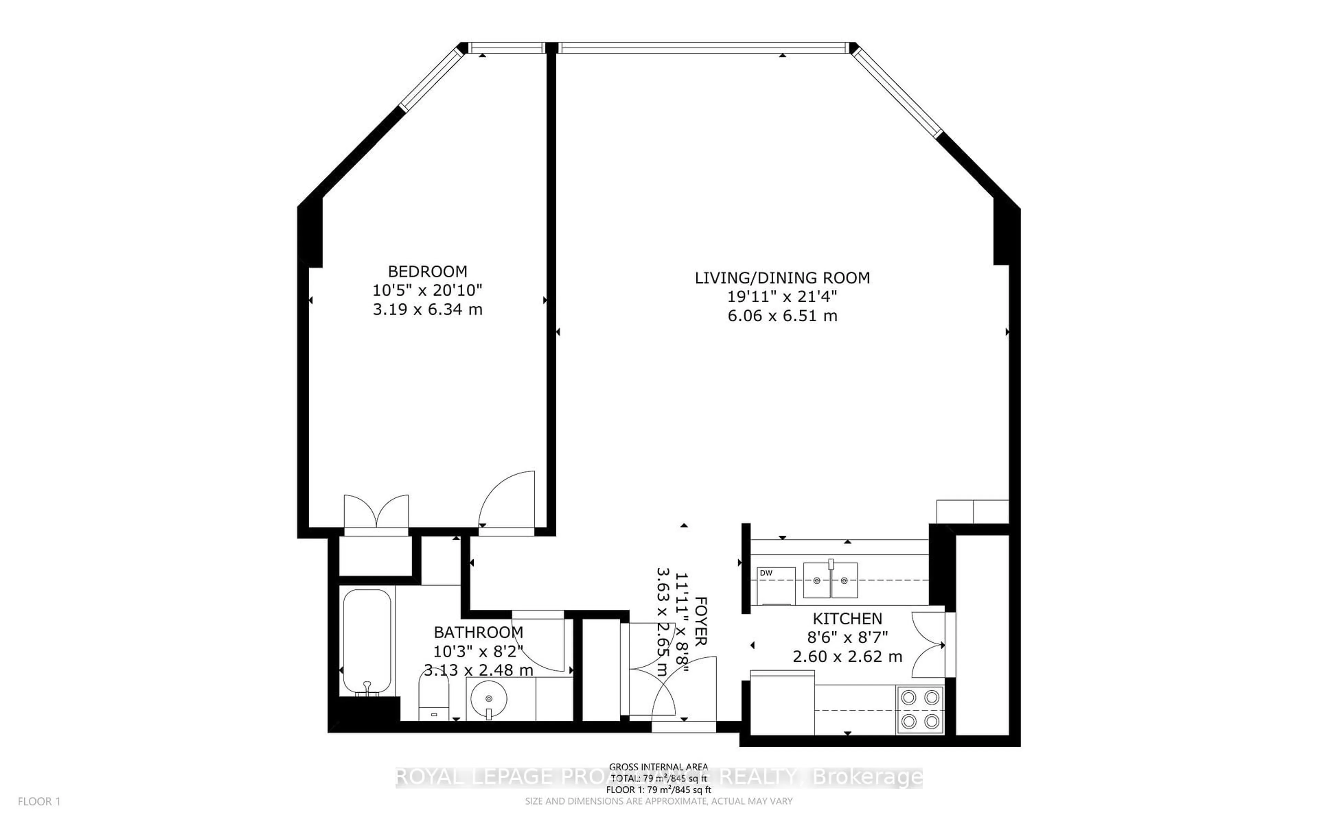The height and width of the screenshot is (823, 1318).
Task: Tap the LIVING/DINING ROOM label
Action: point(782,278)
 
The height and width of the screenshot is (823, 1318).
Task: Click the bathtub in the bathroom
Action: point(367,641)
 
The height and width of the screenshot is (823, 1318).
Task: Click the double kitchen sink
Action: point(831,580)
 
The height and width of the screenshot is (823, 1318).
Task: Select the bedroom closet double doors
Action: point(376,512)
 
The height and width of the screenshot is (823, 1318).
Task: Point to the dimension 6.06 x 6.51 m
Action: point(782,316)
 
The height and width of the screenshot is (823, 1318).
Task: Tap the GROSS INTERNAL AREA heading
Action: point(658,767)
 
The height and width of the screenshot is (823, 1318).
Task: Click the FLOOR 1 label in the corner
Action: point(39,801)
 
